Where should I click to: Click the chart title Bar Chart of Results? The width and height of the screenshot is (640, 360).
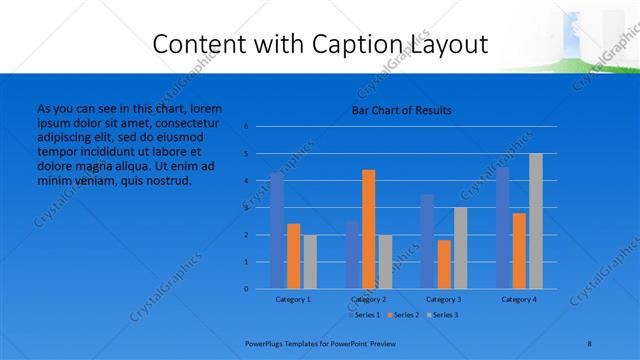click(x=401, y=110)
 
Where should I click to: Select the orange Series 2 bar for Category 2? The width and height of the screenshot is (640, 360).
click(x=368, y=229)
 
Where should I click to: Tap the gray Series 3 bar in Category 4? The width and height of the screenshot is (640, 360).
click(x=535, y=221)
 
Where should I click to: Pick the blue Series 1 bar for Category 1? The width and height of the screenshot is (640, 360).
click(x=277, y=230)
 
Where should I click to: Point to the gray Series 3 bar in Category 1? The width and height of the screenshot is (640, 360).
click(x=310, y=262)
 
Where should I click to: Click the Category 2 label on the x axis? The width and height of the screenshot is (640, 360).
click(x=368, y=299)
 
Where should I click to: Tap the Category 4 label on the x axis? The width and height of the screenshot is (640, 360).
click(x=519, y=299)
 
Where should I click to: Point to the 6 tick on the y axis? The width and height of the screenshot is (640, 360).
click(x=246, y=127)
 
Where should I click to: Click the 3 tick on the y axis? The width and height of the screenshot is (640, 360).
click(x=246, y=208)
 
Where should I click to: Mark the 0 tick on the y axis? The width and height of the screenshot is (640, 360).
click(x=246, y=289)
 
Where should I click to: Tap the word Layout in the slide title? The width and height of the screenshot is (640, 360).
click(x=449, y=44)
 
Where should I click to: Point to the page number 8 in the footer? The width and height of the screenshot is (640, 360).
click(x=590, y=343)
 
